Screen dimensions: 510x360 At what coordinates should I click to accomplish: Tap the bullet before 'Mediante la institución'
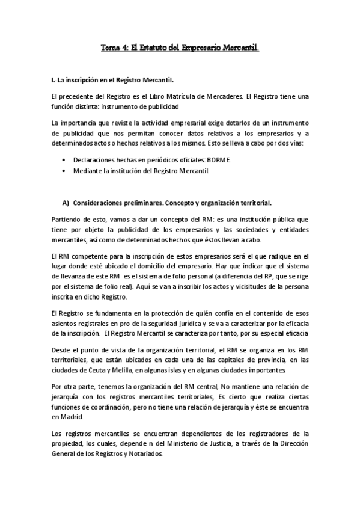coord(64,171)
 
